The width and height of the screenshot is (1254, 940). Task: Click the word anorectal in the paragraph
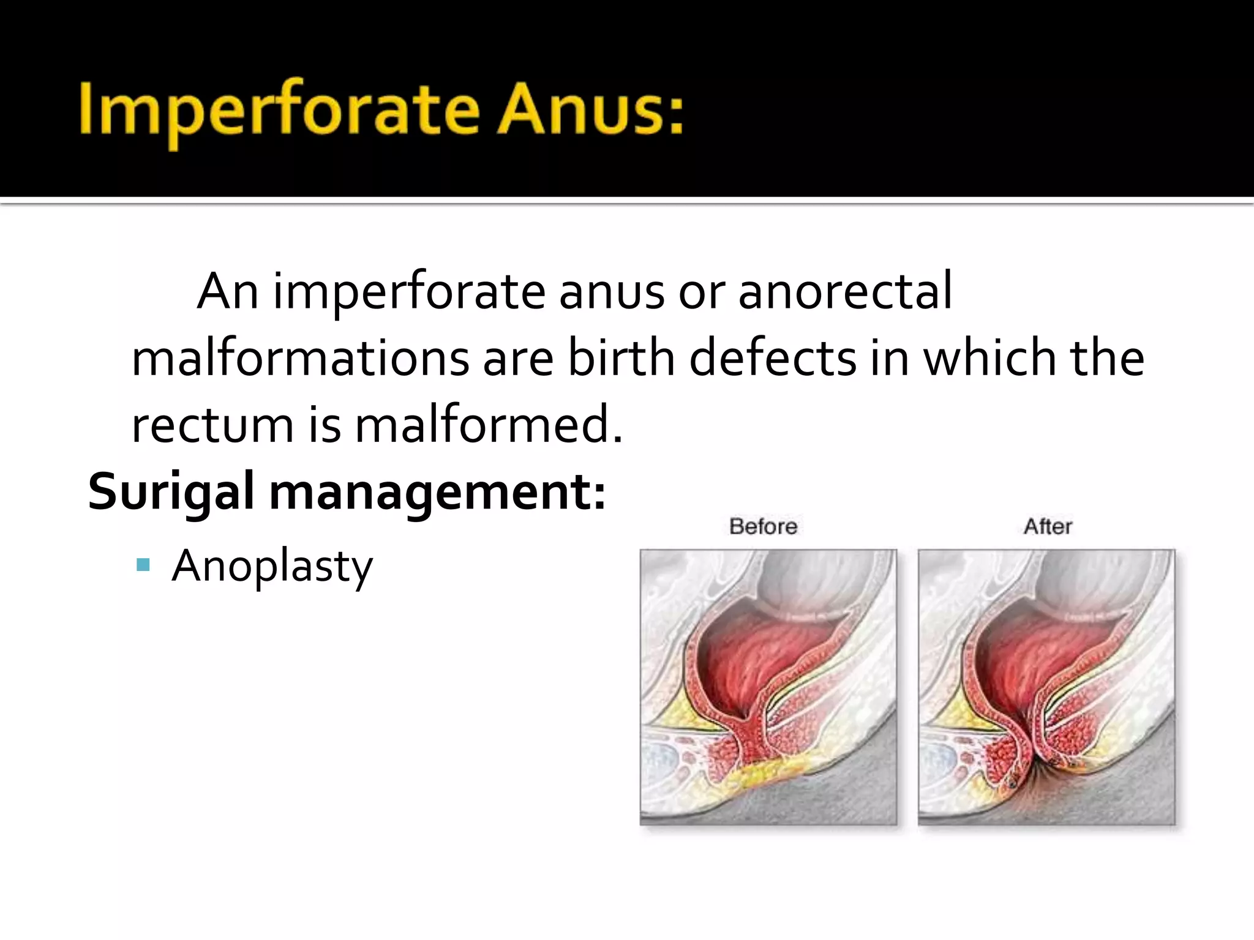click(x=845, y=291)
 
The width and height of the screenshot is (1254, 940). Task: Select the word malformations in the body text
click(x=300, y=358)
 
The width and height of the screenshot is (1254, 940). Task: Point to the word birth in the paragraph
click(x=621, y=358)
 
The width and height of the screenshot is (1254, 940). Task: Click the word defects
click(x=773, y=358)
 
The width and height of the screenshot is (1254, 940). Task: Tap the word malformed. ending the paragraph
click(x=489, y=425)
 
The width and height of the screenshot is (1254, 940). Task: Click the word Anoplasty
click(x=272, y=567)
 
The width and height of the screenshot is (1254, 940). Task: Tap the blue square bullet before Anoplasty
click(x=143, y=564)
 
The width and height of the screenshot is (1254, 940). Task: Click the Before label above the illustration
click(x=763, y=526)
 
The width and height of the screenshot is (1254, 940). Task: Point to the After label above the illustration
click(x=1048, y=526)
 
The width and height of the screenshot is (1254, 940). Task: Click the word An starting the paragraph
click(x=227, y=291)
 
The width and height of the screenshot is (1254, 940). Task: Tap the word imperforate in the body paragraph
click(x=409, y=291)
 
